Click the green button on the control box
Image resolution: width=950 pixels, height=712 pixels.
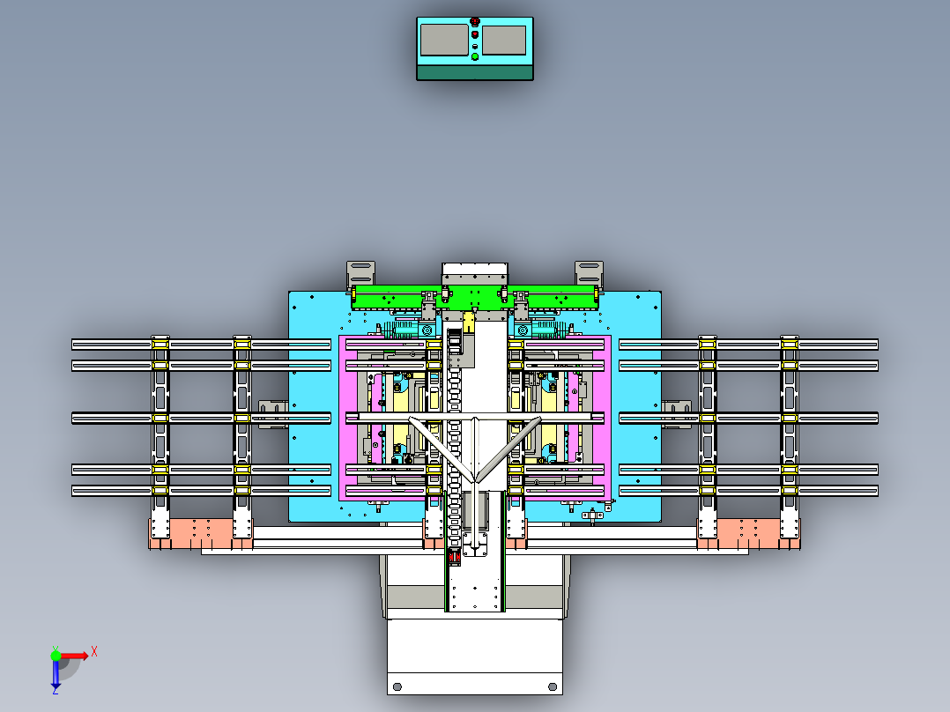[475, 56]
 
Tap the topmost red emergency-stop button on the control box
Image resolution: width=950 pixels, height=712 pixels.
[475, 22]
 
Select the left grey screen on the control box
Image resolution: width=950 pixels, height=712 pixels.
[444, 40]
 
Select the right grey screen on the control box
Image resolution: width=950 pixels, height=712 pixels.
[504, 40]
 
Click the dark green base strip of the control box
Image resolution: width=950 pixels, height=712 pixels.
[475, 73]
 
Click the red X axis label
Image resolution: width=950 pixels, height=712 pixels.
[94, 652]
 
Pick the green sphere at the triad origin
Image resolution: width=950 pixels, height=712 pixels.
[56, 656]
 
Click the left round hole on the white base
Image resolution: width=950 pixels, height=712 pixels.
[397, 686]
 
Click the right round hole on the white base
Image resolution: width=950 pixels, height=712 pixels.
[553, 686]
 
